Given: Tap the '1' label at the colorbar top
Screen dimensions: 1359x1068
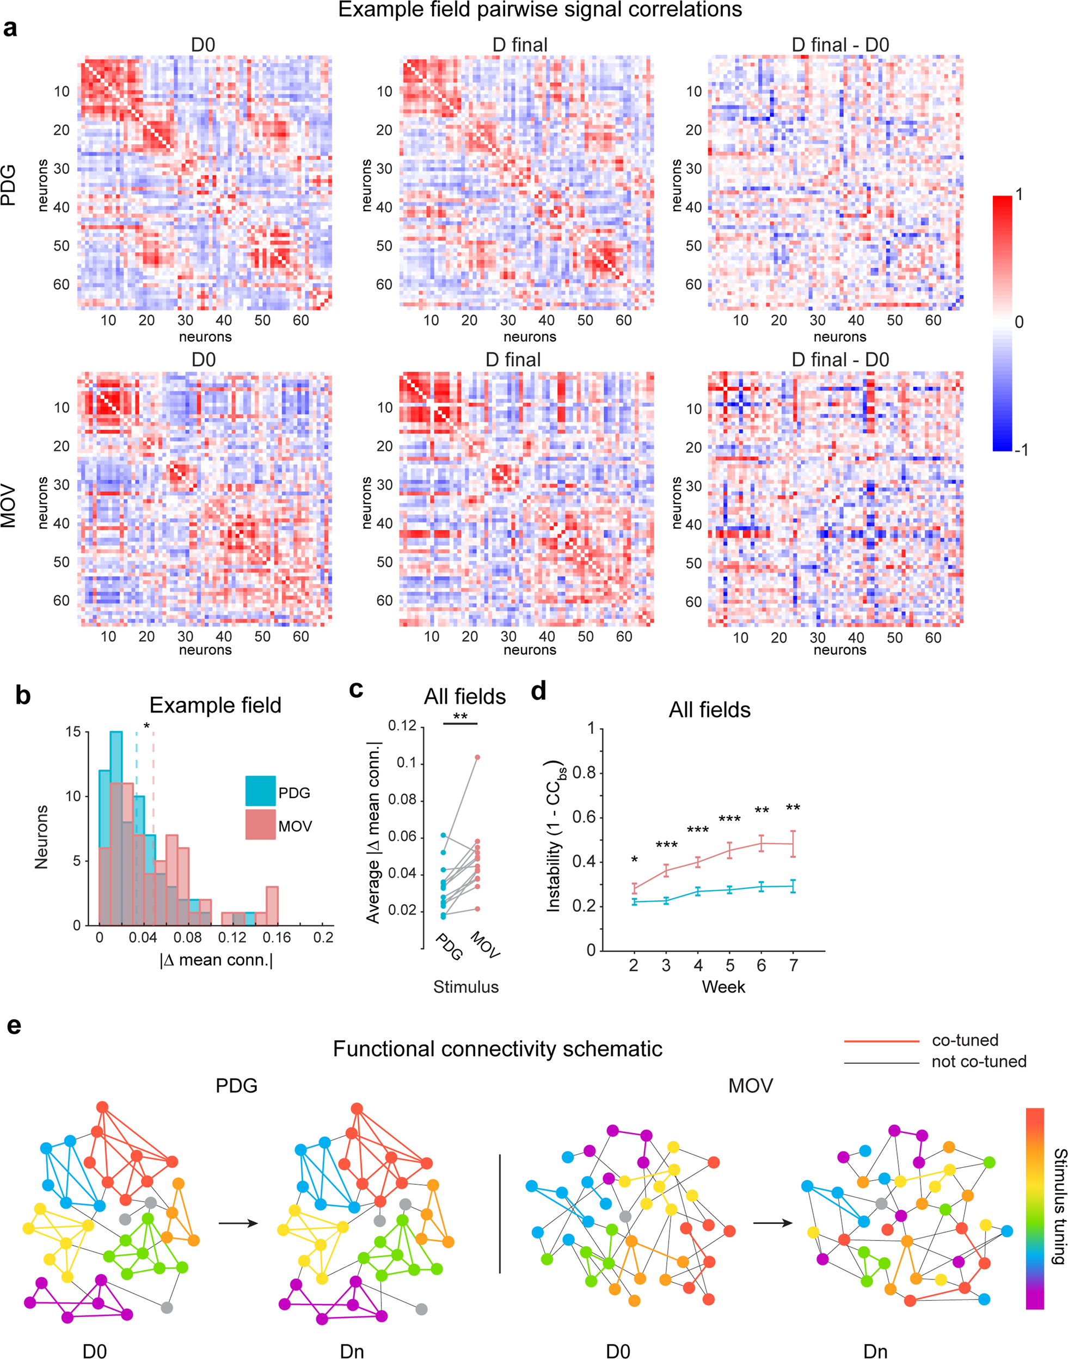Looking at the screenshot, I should point(1018,194).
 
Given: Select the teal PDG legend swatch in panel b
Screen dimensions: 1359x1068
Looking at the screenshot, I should point(260,791).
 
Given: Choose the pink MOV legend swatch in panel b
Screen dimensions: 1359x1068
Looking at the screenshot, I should point(260,825).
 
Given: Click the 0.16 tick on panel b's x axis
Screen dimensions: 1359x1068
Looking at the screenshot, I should point(277,937).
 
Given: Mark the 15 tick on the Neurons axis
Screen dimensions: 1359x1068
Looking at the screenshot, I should point(73,732).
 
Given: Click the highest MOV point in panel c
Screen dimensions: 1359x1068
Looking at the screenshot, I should point(477,757).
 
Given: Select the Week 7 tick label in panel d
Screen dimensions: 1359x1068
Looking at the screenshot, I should point(794,965).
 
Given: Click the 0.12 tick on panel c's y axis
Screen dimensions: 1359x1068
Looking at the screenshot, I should point(402,726).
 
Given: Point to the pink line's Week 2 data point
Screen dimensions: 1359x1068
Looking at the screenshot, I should point(634,888).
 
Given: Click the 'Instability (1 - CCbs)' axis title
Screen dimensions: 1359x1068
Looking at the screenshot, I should point(555,837).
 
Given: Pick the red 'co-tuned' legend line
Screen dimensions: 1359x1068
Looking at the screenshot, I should point(881,1041).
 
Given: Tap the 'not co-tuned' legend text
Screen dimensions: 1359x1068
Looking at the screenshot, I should point(979,1062).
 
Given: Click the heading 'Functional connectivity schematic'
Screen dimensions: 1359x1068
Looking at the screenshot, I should point(497,1049).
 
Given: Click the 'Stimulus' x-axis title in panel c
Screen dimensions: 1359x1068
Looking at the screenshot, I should point(466,988).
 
